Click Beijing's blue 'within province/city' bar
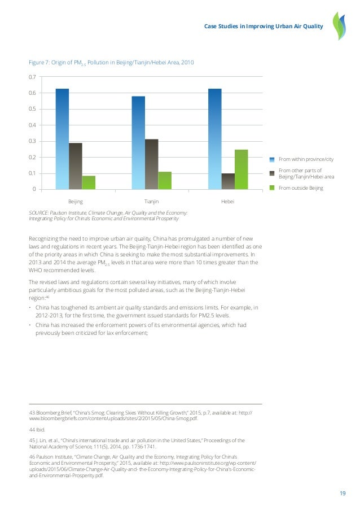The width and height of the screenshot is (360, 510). click(62, 138)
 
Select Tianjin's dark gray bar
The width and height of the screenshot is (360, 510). click(151, 164)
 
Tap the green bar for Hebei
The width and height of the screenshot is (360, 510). click(241, 169)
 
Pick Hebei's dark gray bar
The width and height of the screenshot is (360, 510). click(228, 181)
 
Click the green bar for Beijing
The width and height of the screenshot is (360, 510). click(89, 182)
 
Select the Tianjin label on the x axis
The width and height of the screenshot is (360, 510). click(151, 200)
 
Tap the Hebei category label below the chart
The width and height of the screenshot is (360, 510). click(228, 200)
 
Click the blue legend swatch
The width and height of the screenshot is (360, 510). click(272, 160)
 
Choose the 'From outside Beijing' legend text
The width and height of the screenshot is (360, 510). click(301, 188)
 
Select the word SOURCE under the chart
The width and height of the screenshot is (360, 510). click(39, 212)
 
